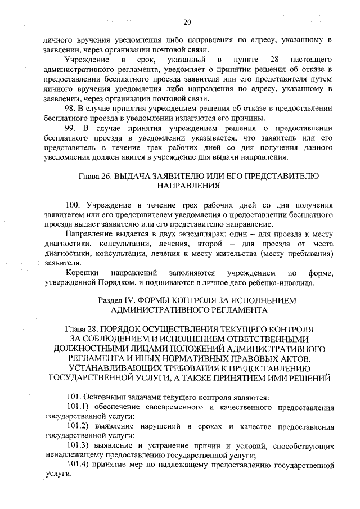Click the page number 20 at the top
click(187, 22)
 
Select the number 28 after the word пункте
click(274, 59)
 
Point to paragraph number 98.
click(71, 109)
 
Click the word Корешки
click(83, 273)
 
